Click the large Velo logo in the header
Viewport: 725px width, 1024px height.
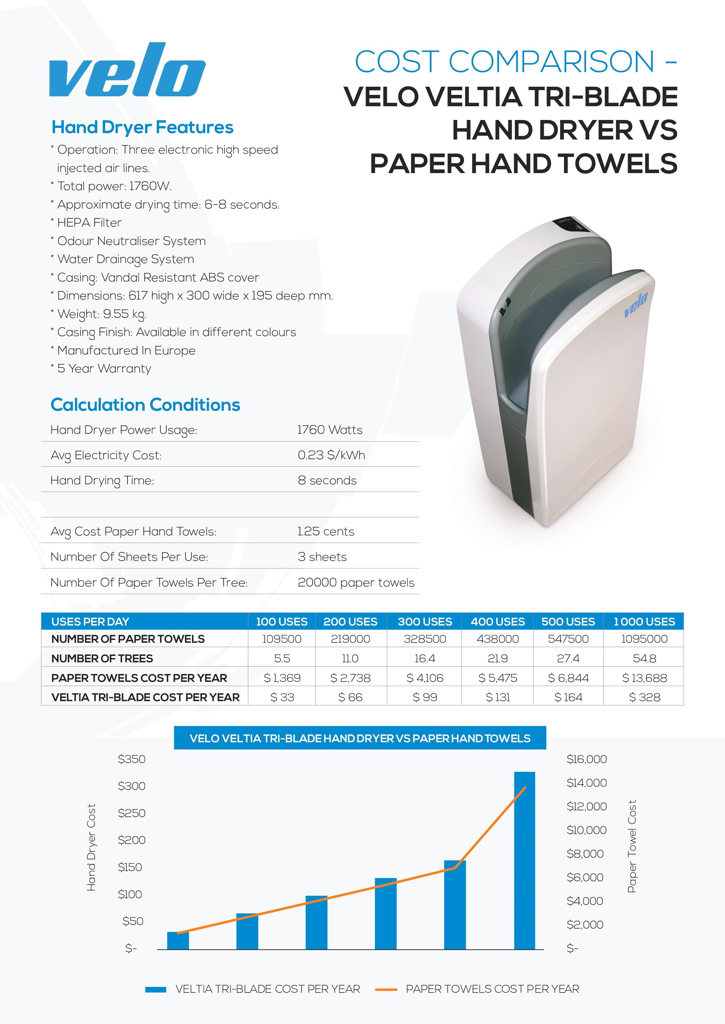point(127,70)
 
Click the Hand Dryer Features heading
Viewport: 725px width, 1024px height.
point(142,128)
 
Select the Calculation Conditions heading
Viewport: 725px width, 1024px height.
point(145,405)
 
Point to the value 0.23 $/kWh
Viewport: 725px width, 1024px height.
point(331,455)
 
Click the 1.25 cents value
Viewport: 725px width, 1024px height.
point(326,532)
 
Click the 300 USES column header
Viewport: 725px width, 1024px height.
point(425,622)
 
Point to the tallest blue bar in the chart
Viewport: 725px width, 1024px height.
point(525,861)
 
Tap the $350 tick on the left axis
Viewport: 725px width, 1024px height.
point(132,759)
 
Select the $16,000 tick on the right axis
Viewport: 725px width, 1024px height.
point(586,759)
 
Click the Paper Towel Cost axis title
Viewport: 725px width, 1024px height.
point(632,846)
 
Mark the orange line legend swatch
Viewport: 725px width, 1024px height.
point(386,989)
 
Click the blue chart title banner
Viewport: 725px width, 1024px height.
point(360,738)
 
